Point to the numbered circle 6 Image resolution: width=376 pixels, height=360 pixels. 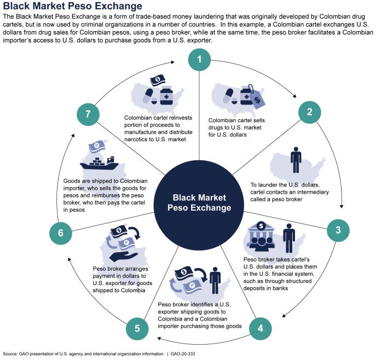point(60,233)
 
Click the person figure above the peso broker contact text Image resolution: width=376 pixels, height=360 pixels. point(296,160)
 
